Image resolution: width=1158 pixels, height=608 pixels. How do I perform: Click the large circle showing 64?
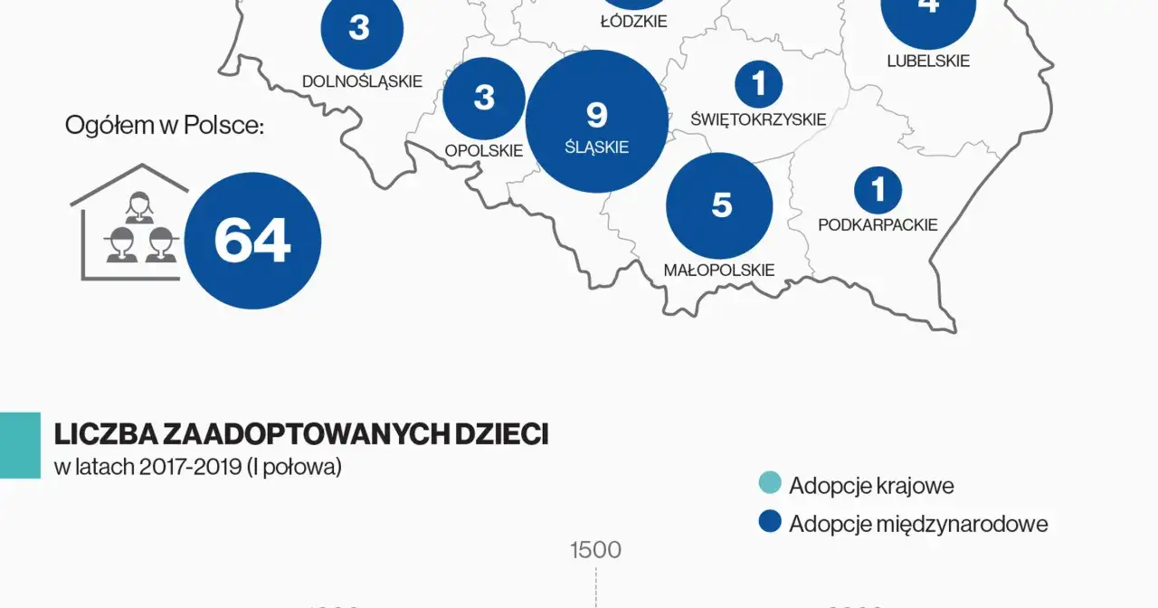(252, 241)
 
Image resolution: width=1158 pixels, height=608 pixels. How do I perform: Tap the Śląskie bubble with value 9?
(596, 121)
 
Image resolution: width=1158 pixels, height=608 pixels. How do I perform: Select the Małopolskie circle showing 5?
(719, 205)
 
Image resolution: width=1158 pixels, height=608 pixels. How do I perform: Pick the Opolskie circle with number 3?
(484, 98)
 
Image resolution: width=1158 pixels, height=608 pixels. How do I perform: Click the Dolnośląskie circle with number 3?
(360, 29)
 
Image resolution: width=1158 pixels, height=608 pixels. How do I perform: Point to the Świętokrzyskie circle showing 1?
(758, 84)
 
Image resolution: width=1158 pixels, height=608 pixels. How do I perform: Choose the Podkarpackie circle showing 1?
(878, 190)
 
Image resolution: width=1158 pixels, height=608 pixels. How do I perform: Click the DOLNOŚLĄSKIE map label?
(362, 81)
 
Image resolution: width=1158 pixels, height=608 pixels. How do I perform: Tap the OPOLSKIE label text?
(484, 150)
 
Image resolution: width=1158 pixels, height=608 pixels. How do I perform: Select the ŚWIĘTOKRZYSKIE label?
(758, 119)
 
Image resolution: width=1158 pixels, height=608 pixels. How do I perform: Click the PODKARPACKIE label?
(878, 225)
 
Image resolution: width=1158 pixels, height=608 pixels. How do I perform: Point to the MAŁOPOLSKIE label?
(719, 270)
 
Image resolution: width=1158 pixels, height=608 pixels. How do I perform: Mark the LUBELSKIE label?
(928, 62)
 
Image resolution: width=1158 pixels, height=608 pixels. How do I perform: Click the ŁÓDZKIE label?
(633, 21)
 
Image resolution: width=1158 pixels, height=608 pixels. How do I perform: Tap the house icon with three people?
(129, 223)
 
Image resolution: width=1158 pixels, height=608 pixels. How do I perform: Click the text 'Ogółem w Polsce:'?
(164, 126)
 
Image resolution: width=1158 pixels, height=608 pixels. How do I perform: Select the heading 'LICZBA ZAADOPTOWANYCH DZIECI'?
(301, 434)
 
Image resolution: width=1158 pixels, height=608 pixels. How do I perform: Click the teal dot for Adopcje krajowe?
(770, 484)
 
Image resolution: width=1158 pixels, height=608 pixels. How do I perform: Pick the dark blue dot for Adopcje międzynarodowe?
(770, 522)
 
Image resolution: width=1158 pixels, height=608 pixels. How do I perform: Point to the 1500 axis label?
(595, 550)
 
